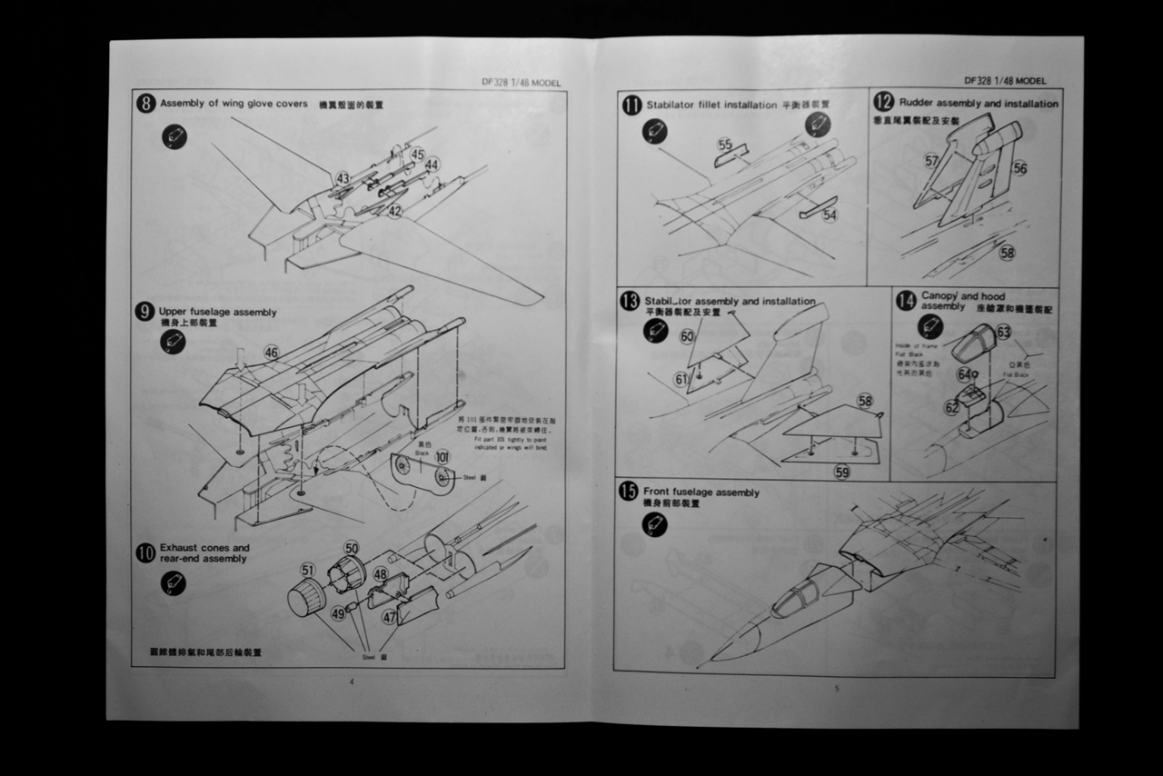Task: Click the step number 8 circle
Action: click(x=145, y=103)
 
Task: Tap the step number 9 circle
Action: click(x=144, y=312)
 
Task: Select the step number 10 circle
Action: click(x=144, y=552)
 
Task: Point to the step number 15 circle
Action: click(x=629, y=492)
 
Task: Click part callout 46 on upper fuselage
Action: click(x=271, y=352)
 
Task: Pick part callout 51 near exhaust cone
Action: click(x=308, y=570)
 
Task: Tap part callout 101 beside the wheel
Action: click(x=442, y=456)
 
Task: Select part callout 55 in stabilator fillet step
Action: click(x=724, y=144)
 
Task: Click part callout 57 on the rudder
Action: click(x=931, y=161)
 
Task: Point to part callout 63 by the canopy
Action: click(x=1003, y=333)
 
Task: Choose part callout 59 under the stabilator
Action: click(x=841, y=472)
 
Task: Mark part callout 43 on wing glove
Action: click(x=343, y=178)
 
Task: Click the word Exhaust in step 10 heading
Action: click(x=179, y=548)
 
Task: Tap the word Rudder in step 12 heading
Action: click(x=916, y=104)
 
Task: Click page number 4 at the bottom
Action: click(x=351, y=681)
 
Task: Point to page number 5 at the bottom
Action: click(x=837, y=688)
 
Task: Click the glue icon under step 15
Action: click(x=654, y=524)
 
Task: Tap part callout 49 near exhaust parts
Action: click(x=338, y=614)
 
